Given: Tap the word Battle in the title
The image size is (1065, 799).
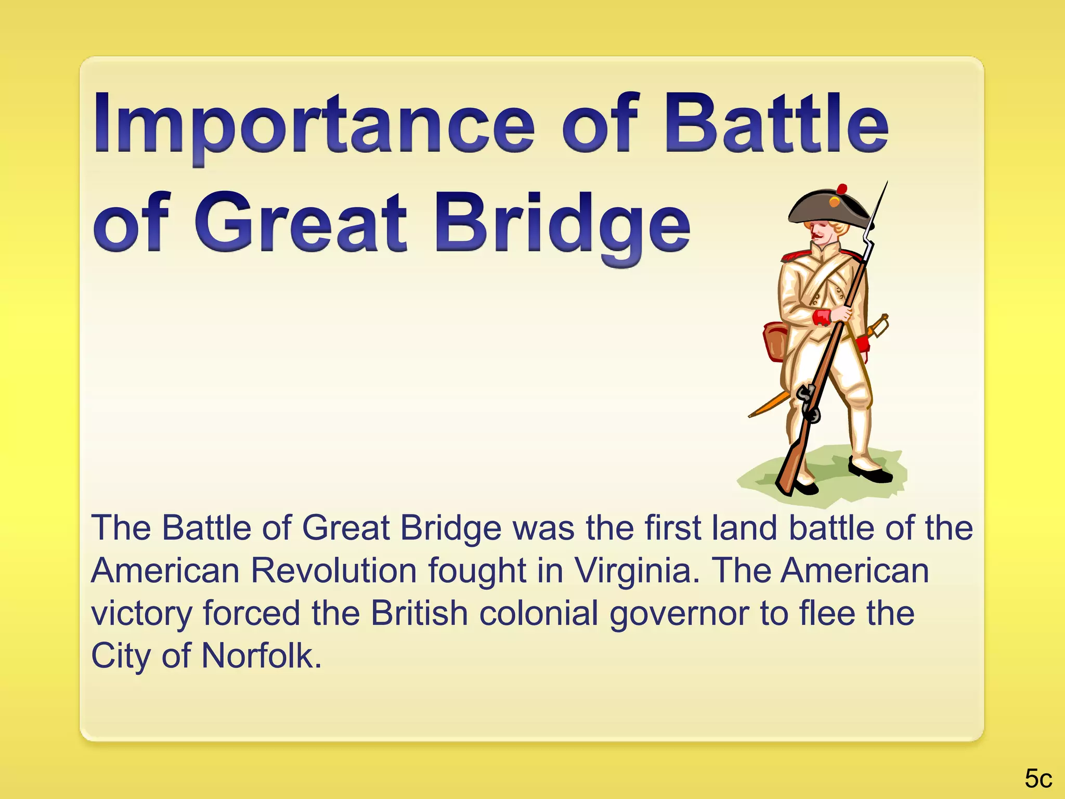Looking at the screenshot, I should point(777,125).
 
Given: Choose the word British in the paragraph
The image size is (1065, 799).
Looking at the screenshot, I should point(419,613).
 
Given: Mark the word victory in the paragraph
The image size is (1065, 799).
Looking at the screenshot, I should point(141,613).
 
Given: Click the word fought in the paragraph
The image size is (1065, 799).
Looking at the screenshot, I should point(477,571).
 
